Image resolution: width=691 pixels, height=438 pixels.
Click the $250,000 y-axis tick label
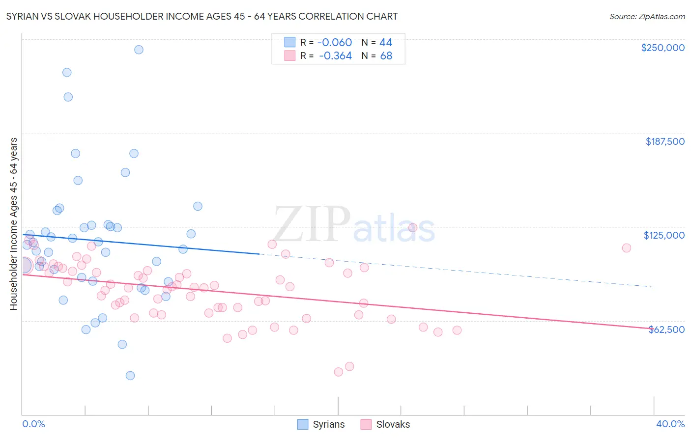pyautogui.click(x=662, y=48)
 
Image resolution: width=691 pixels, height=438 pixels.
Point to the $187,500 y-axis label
pyautogui.click(x=664, y=141)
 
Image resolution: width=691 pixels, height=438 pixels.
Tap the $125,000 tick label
pyautogui.click(x=664, y=235)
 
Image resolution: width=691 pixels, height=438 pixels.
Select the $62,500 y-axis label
pyautogui.click(x=666, y=329)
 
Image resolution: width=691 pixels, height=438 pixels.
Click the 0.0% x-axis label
pyautogui.click(x=33, y=424)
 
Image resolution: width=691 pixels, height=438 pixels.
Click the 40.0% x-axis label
pyautogui.click(x=670, y=424)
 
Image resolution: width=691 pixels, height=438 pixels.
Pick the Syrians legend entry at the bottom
pyautogui.click(x=321, y=424)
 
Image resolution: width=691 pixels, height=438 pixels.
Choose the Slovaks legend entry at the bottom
pyautogui.click(x=385, y=424)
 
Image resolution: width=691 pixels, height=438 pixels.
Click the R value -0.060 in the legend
pyautogui.click(x=335, y=42)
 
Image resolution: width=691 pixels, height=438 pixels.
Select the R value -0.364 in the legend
pyautogui.click(x=335, y=56)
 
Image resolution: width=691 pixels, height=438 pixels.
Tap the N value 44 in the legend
pyautogui.click(x=386, y=42)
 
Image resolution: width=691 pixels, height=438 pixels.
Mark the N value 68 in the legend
pyautogui.click(x=386, y=56)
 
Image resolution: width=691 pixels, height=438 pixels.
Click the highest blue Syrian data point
pyautogui.click(x=139, y=50)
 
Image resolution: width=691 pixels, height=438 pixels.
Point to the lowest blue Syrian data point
pyautogui.click(x=130, y=376)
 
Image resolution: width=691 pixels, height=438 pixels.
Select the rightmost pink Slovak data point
pyautogui.click(x=626, y=248)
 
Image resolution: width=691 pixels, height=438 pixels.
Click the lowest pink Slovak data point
pyautogui.click(x=338, y=372)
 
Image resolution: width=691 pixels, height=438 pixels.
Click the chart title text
pyautogui.click(x=202, y=16)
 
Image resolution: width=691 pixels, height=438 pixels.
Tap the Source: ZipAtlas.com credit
pyautogui.click(x=647, y=17)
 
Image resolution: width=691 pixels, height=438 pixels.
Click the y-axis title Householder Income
pyautogui.click(x=13, y=224)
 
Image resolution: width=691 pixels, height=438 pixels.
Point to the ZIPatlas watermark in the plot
pyautogui.click(x=354, y=225)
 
